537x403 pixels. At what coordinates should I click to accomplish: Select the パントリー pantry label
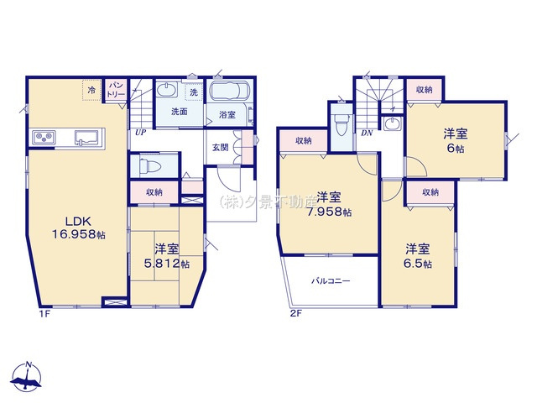point(117,89)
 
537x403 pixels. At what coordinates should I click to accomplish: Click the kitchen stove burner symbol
point(44,138)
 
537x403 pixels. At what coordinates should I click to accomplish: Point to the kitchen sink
point(86,138)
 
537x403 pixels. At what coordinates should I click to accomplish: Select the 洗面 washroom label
point(179,112)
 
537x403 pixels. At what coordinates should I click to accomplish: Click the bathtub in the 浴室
point(229,92)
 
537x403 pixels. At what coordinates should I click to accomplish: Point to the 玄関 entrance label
point(217,149)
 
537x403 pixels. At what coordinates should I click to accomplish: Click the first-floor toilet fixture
point(150,164)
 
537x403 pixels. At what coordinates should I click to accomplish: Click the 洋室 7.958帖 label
point(328,204)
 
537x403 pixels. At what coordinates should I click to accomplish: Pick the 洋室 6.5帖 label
point(418,256)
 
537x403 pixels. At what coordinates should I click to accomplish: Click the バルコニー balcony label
point(331,281)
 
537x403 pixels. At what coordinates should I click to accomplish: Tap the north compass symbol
point(29,377)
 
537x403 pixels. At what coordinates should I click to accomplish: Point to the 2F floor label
point(295,314)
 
